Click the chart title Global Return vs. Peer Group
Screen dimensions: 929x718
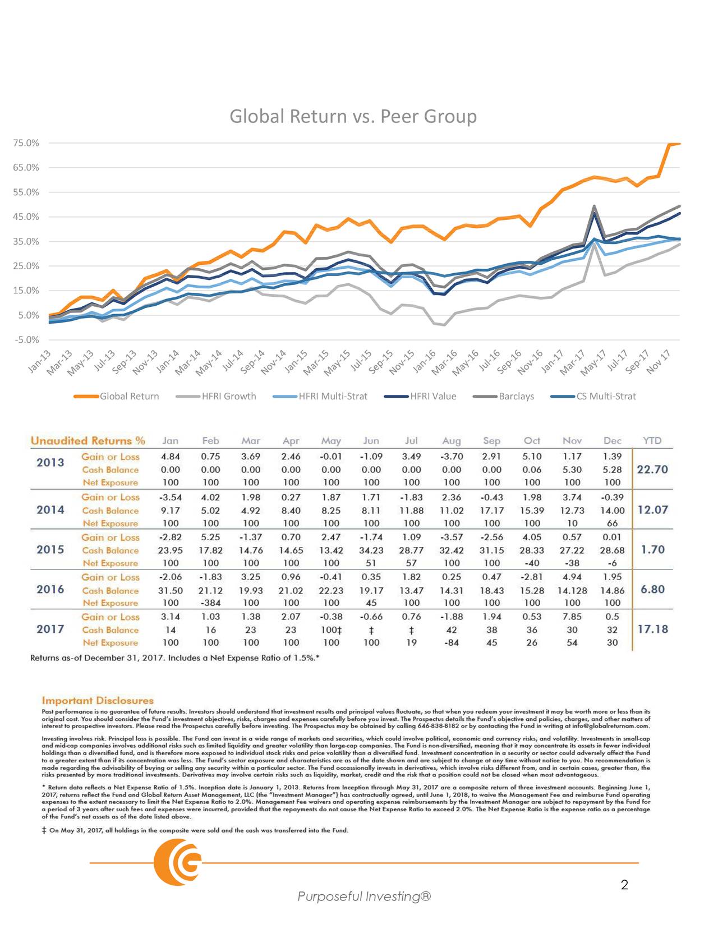[x=353, y=116]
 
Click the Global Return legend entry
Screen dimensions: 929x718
[x=129, y=396]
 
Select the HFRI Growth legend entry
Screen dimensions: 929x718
[x=228, y=396]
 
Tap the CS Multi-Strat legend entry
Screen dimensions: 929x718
[x=606, y=396]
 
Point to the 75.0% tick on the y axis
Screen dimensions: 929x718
[x=26, y=143]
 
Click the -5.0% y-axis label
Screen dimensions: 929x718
[x=26, y=339]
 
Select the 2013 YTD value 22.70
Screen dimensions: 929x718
[x=652, y=470]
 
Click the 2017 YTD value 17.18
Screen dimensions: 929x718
[x=652, y=629]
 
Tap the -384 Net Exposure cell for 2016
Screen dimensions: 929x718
[x=210, y=603]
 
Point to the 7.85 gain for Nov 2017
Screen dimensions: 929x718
[x=572, y=617]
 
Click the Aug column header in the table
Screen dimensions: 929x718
[x=451, y=441]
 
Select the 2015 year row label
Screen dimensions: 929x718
[x=50, y=549]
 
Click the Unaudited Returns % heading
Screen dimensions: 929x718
[x=88, y=441]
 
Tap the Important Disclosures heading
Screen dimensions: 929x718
[x=98, y=701]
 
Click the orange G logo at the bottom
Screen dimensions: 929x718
[x=178, y=863]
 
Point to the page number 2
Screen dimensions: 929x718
[x=624, y=886]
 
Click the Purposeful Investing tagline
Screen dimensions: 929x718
[x=364, y=896]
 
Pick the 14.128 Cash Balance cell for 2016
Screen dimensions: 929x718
[x=572, y=590]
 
